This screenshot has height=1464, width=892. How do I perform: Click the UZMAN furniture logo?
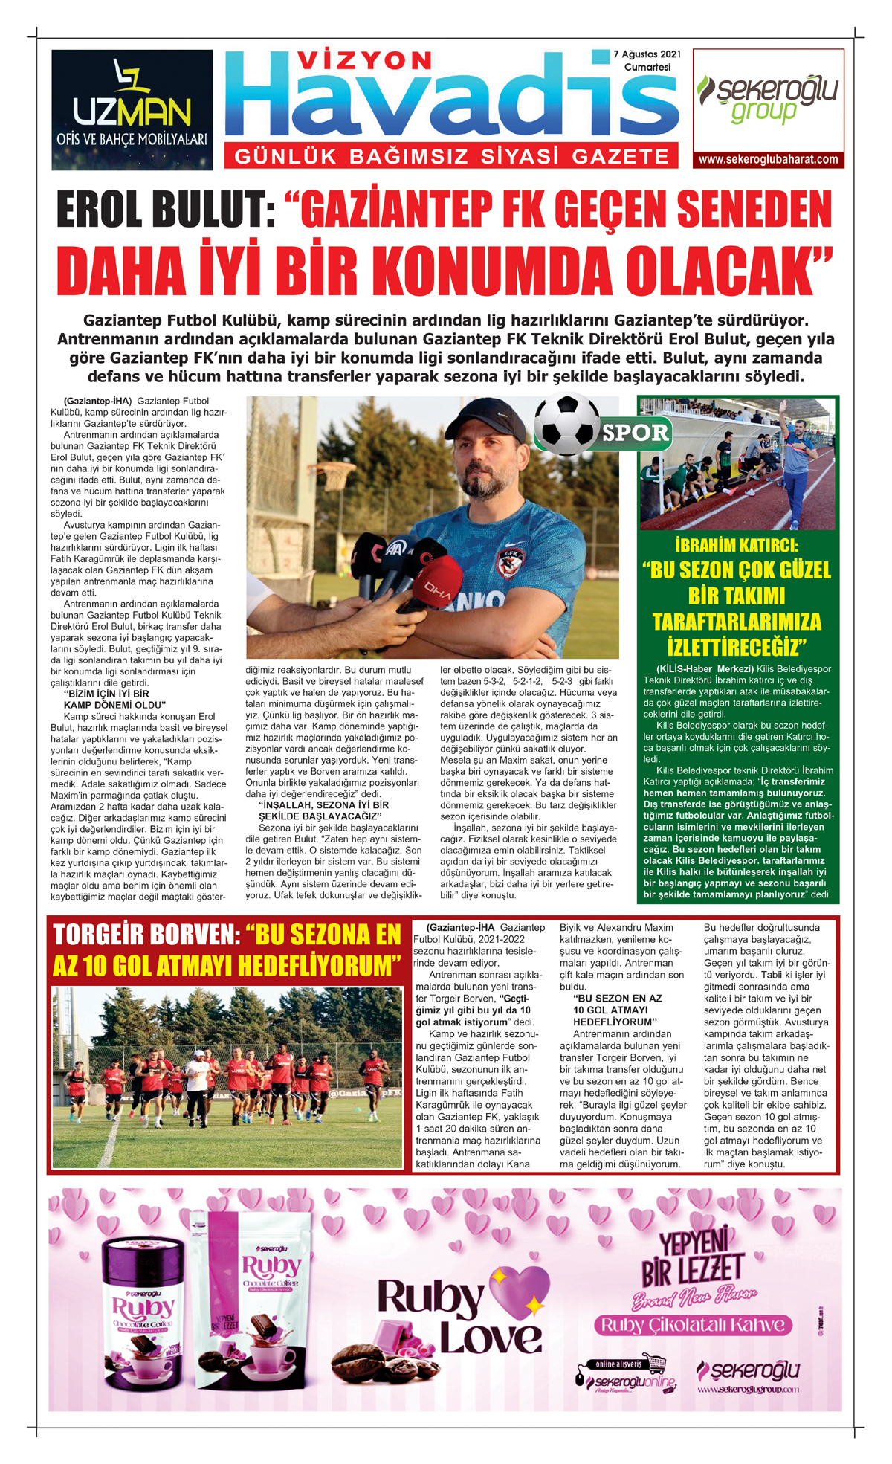coord(132,109)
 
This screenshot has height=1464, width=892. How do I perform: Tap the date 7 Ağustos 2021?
coord(647,54)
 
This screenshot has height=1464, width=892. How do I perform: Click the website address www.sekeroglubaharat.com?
coord(768,159)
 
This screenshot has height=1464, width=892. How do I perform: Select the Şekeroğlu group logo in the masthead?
coord(768,99)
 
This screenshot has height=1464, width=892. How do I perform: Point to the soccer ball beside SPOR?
coord(566,424)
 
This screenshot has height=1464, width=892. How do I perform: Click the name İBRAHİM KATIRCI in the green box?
coord(737,544)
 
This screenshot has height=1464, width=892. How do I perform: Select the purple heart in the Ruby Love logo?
coord(520,1291)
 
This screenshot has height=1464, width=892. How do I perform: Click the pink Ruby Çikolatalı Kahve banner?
coord(692,1325)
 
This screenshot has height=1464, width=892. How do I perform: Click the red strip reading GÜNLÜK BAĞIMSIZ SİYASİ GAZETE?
coord(452,156)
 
